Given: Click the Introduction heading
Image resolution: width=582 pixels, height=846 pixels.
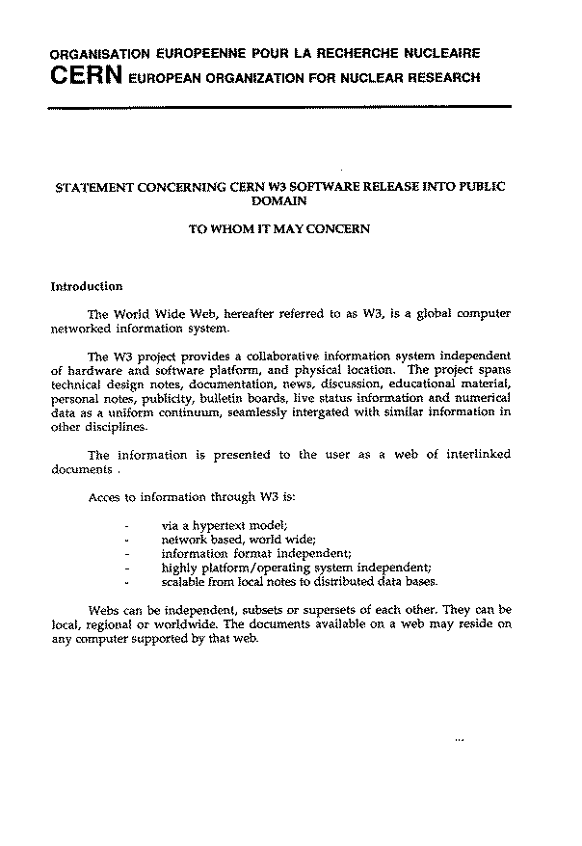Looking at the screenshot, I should point(87,286).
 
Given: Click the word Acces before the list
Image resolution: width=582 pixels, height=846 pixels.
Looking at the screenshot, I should point(105,497).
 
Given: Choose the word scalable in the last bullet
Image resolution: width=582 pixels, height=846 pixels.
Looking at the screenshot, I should point(185,581).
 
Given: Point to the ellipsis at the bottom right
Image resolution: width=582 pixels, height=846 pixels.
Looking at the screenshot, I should point(459,741).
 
